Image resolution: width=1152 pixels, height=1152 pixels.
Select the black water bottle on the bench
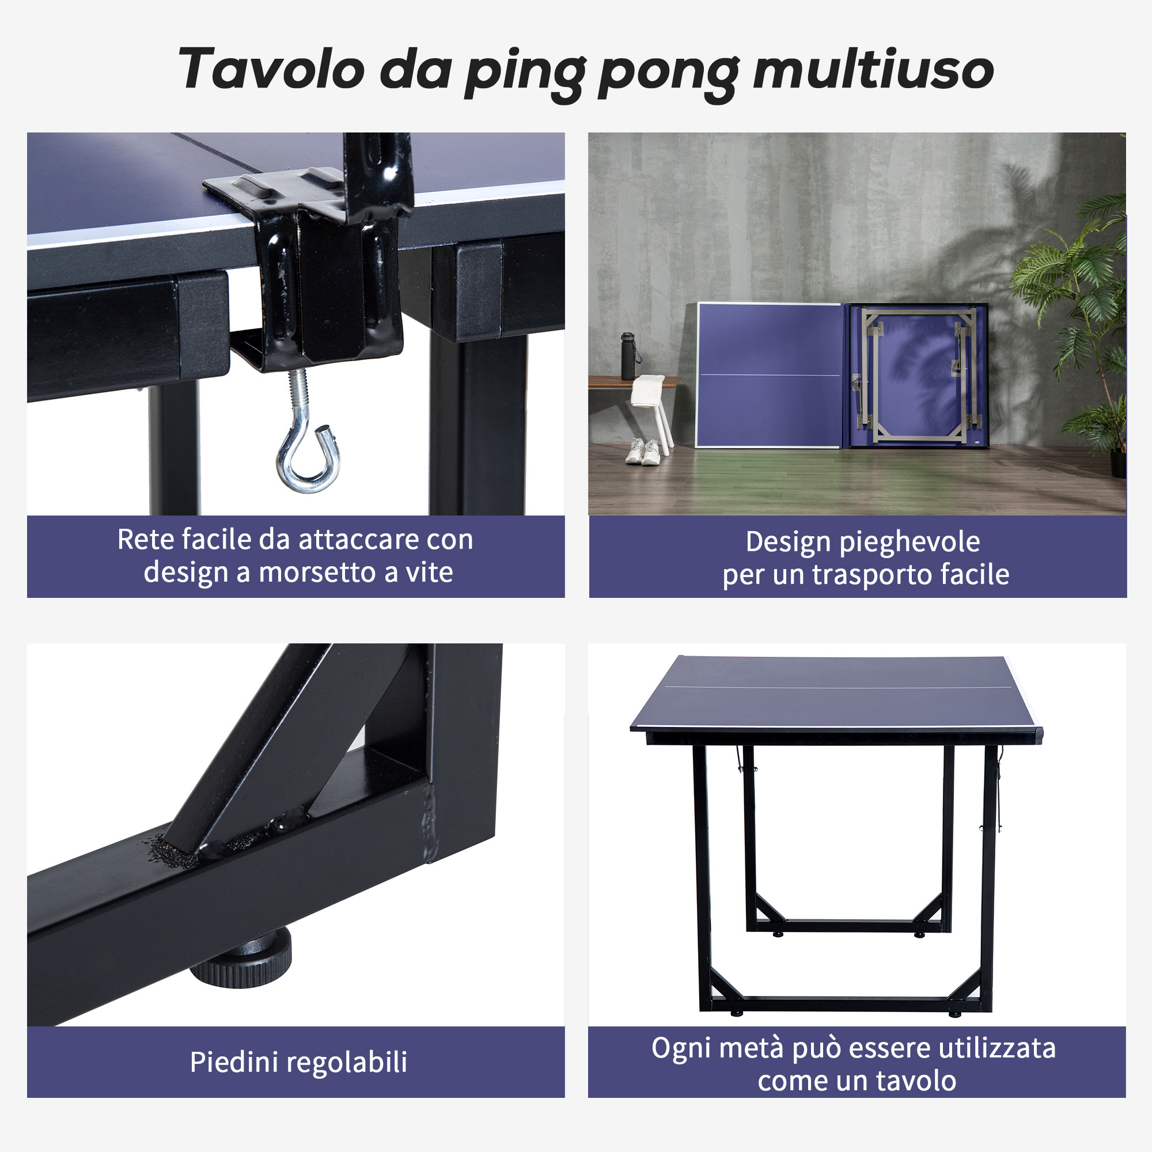point(628,356)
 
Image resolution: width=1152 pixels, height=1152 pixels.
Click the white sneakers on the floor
point(643,452)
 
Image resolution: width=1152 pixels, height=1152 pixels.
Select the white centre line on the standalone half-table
point(835,687)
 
